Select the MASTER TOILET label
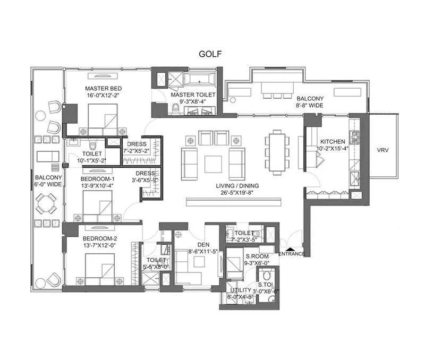tap(193, 95)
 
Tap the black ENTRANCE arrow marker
tap(290, 247)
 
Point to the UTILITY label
tap(237, 290)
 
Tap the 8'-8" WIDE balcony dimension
tap(310, 106)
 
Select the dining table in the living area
tap(276, 152)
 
